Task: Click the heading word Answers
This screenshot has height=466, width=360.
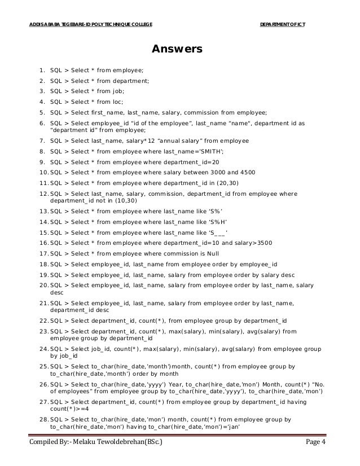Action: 177,50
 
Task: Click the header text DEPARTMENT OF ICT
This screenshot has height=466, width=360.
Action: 282,24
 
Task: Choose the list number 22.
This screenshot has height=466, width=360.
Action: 43,320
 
